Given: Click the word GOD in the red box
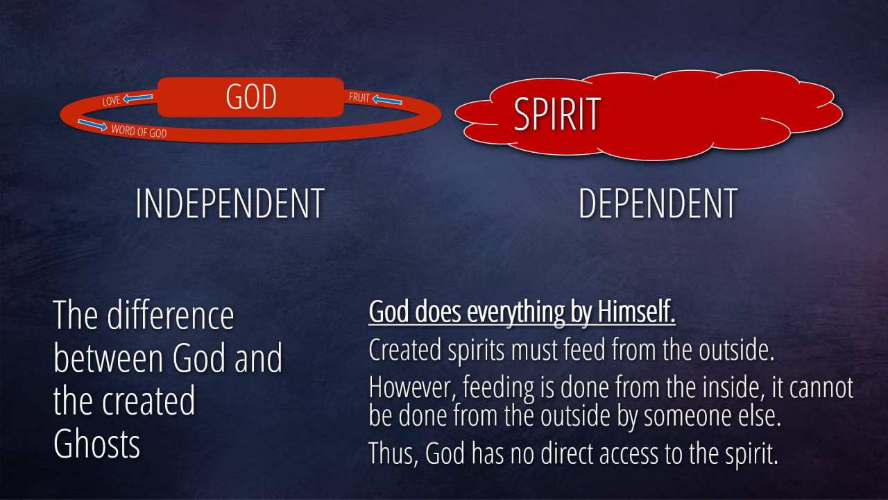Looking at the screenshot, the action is (251, 97).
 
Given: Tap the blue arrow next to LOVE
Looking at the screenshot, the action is (138, 98).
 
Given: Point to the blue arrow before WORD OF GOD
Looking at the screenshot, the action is (92, 124).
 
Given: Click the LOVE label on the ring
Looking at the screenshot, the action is (112, 101).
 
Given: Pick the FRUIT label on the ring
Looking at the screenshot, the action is (359, 97).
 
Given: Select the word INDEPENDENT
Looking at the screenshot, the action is (230, 203).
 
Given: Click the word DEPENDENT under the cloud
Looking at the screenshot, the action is (658, 203).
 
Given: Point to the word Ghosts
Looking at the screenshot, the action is (96, 444).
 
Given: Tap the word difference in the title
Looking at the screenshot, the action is (171, 315).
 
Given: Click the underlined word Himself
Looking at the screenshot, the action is (636, 312).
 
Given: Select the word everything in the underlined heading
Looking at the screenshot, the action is (516, 313).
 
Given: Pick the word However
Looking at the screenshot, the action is (413, 387).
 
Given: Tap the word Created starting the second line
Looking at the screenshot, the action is (405, 350).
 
